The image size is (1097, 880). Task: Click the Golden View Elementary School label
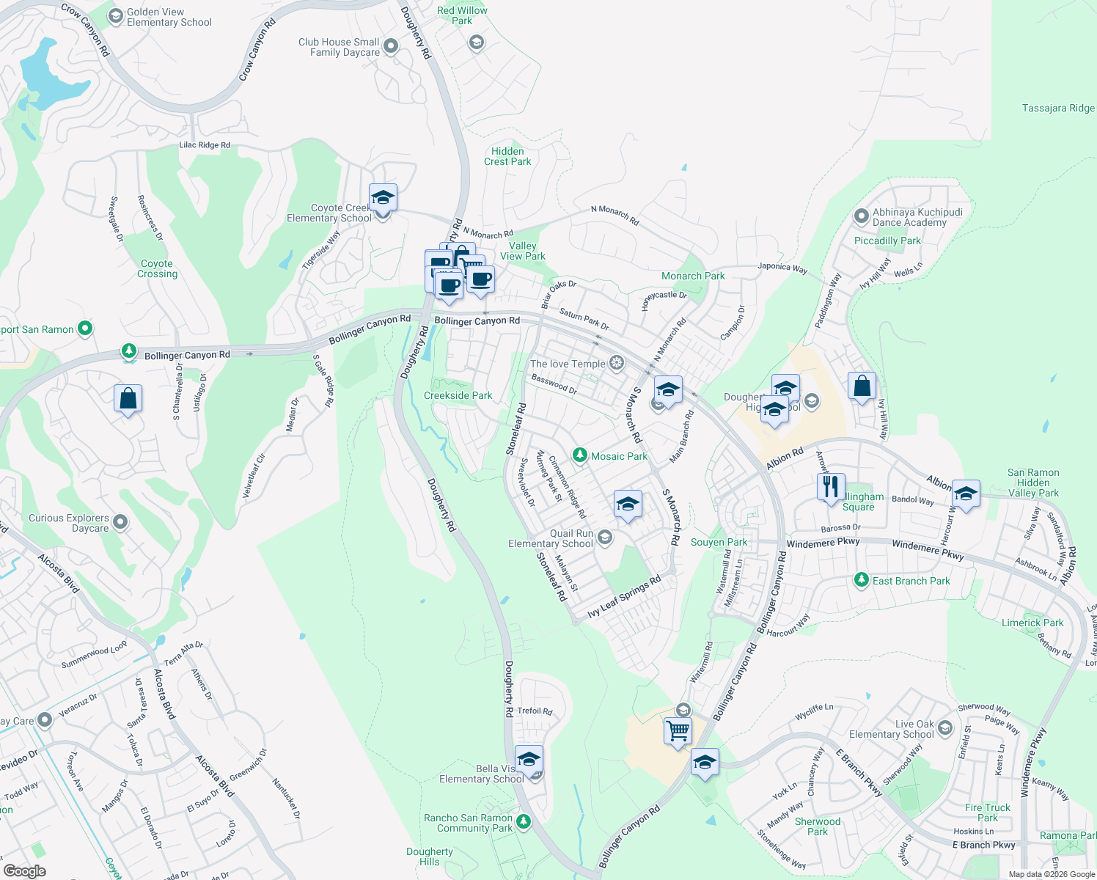[x=169, y=18]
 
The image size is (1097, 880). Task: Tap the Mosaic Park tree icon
[x=580, y=455]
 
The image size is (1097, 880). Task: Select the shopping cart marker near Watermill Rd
[x=678, y=731]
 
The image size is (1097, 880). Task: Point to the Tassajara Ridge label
[x=1058, y=108]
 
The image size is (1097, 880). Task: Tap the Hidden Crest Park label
[x=507, y=156]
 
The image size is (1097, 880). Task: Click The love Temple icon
[x=617, y=363]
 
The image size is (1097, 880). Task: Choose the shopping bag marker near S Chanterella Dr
[x=128, y=399]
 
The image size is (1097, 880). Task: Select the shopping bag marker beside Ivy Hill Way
[x=862, y=386]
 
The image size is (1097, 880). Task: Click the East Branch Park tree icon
[x=862, y=580]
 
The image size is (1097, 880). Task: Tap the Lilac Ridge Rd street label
[x=205, y=145]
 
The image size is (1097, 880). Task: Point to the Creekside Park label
[x=458, y=395]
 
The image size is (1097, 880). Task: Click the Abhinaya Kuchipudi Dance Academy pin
[x=862, y=216]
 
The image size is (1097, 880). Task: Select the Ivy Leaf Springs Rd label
[x=625, y=595]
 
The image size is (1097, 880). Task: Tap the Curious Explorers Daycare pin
[x=120, y=522]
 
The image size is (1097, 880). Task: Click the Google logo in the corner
[x=25, y=870]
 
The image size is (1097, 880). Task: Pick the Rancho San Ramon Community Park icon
[x=524, y=821]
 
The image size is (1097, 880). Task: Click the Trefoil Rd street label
[x=535, y=711]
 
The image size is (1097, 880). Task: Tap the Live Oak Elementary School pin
[x=944, y=727]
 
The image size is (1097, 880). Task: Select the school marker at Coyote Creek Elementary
[x=383, y=197]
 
